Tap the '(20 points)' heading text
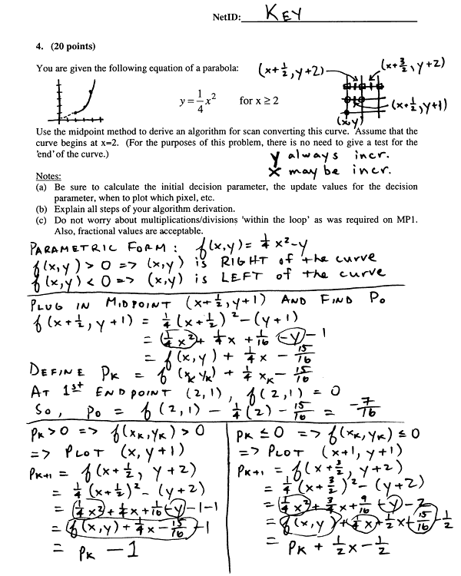click(x=70, y=45)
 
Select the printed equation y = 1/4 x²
click(x=192, y=101)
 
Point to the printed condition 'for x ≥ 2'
click(x=259, y=101)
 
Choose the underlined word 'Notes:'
click(x=49, y=176)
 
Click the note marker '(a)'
click(x=41, y=187)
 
